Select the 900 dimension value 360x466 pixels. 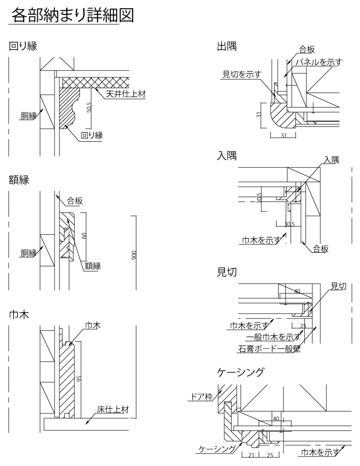(x=134, y=255)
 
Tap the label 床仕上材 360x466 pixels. (x=113, y=409)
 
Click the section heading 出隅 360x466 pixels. (x=226, y=46)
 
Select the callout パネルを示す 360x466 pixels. (x=317, y=62)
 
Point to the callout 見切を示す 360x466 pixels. (x=242, y=74)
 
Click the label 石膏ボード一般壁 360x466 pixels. (x=269, y=348)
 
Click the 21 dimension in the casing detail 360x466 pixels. (x=251, y=455)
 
